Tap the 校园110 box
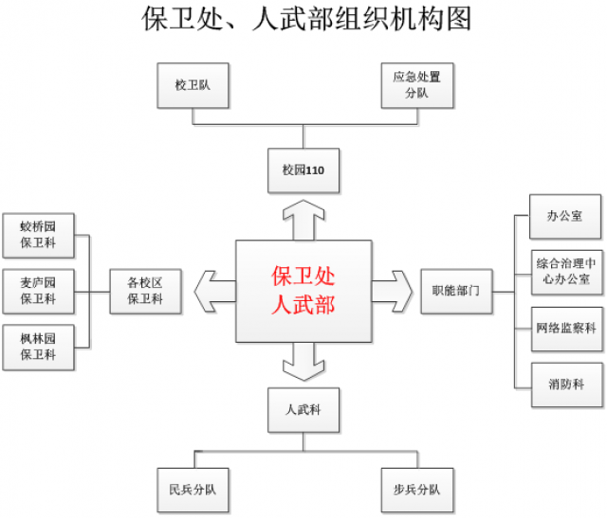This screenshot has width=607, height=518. point(303,170)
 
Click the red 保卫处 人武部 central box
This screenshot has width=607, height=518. point(303,291)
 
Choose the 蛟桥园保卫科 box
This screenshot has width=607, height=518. point(38,236)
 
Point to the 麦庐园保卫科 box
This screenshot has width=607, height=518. point(38,291)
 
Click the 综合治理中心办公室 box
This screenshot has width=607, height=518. point(564,272)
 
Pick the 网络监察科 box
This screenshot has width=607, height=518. point(564,329)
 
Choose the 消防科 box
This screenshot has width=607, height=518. point(564,384)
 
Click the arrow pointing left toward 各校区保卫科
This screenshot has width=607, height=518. point(214,291)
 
